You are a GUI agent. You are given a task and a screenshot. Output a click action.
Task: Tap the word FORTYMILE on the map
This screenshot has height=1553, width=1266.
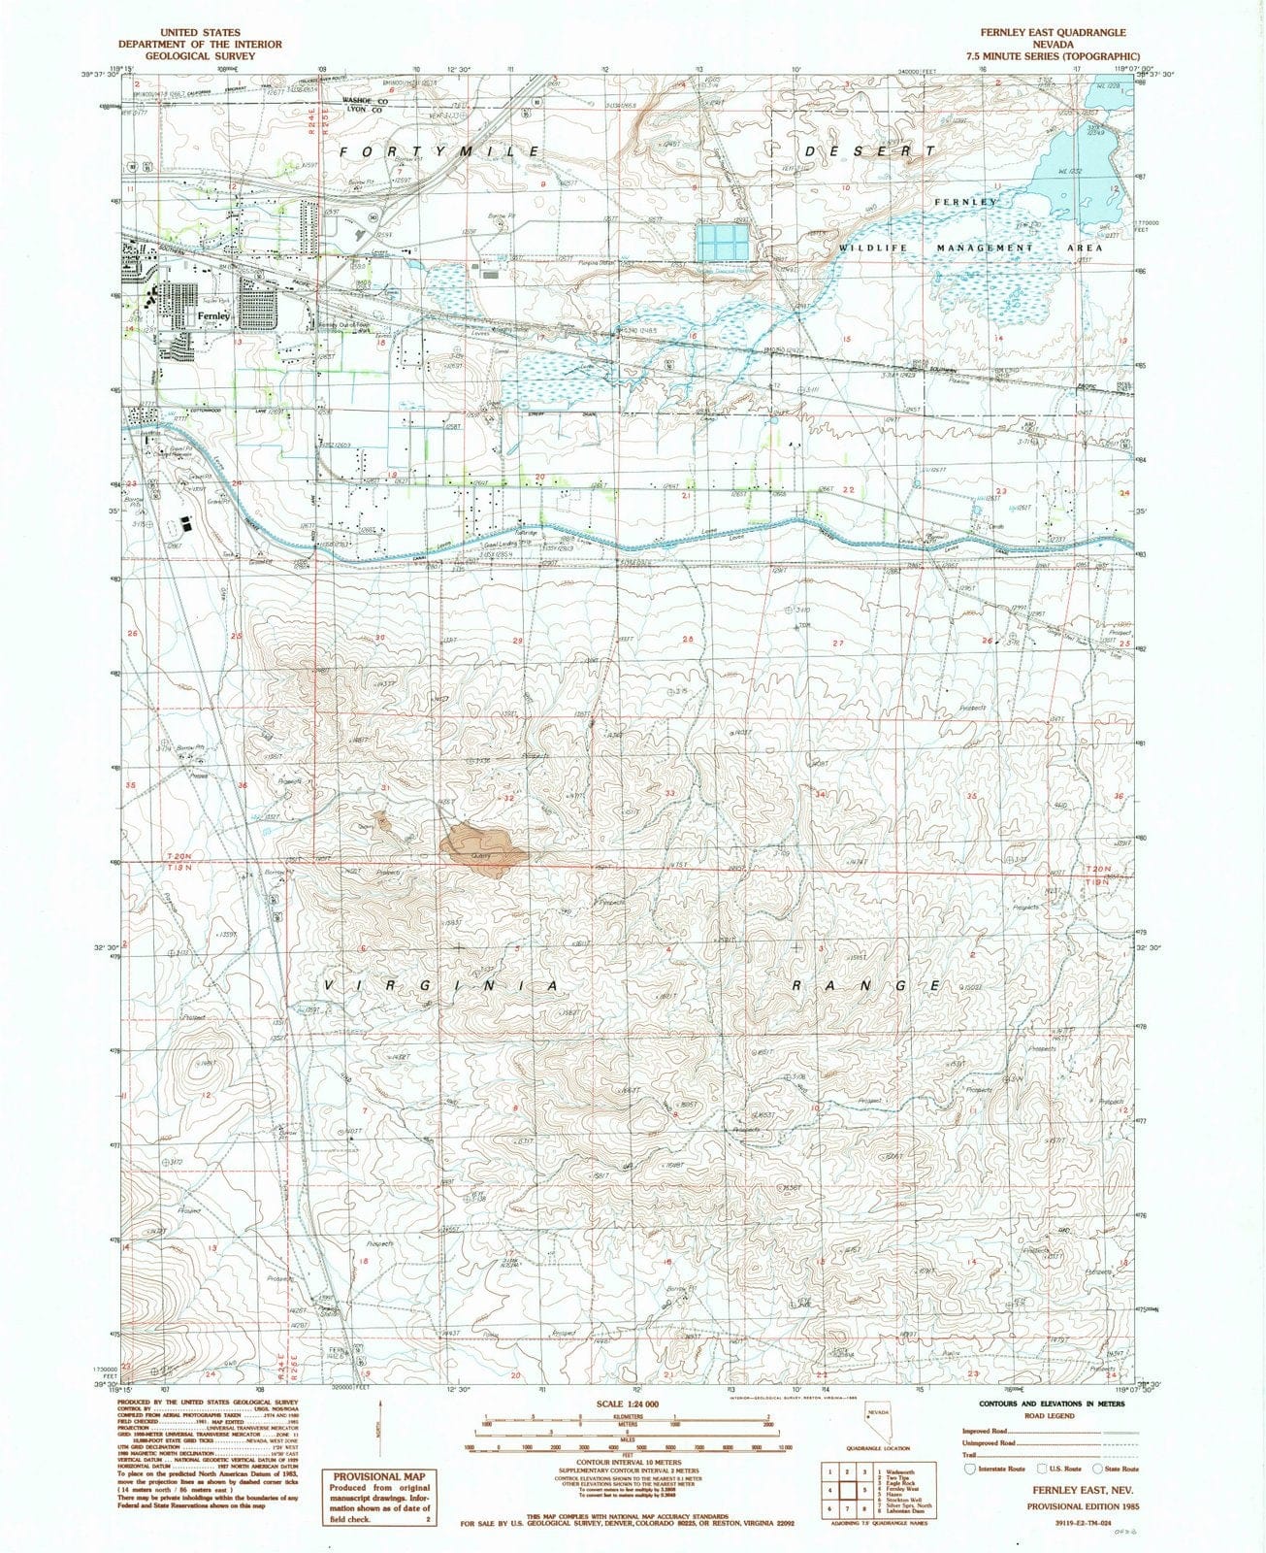pyautogui.click(x=439, y=152)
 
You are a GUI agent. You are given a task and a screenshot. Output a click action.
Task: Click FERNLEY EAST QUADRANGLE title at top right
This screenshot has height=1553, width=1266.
pyautogui.click(x=1056, y=32)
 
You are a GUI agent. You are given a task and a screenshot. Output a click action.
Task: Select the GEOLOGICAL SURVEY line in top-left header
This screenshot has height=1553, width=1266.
pyautogui.click(x=200, y=56)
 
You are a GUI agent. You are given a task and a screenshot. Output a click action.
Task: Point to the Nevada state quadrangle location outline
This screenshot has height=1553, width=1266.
pyautogui.click(x=880, y=1427)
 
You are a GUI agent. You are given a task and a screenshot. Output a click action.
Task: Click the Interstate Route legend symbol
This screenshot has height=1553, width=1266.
pyautogui.click(x=968, y=1469)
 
